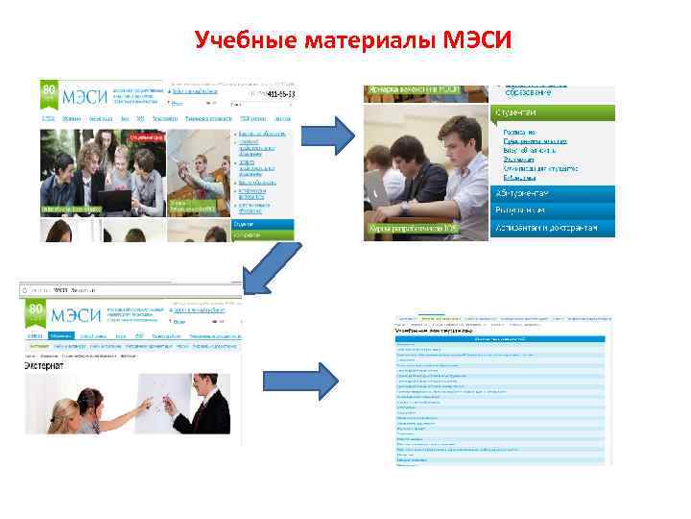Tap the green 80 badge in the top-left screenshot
tap(48, 94)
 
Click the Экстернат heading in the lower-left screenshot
tap(45, 365)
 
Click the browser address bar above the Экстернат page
tap(125, 288)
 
